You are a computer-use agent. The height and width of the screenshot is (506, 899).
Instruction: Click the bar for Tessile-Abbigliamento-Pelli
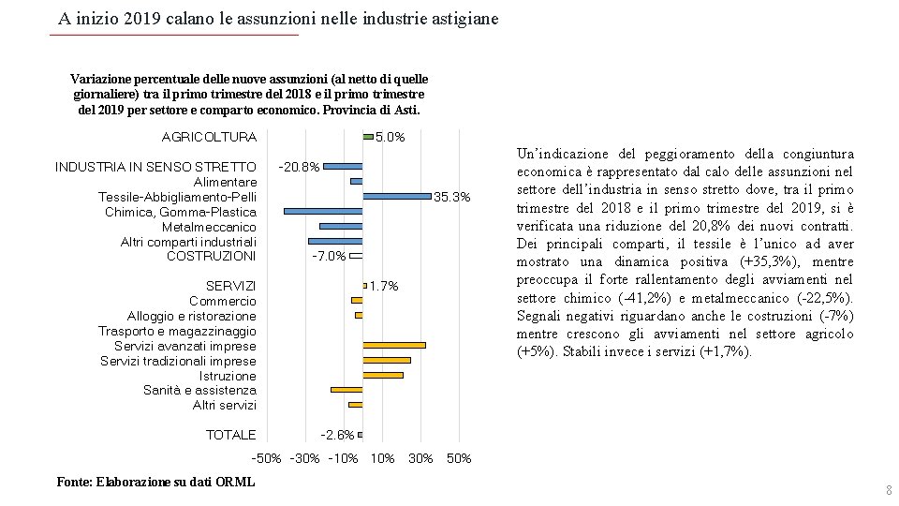(397, 196)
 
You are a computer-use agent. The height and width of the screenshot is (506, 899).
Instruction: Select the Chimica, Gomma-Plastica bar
(323, 211)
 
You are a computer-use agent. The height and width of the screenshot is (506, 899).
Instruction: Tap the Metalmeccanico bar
(341, 226)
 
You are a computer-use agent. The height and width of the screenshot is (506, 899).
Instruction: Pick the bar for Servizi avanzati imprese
(394, 346)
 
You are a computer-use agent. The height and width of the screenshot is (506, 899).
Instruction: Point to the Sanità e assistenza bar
(346, 390)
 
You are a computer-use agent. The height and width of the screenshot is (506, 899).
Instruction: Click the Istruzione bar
(383, 375)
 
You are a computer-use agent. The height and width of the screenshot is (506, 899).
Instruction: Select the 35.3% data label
(452, 197)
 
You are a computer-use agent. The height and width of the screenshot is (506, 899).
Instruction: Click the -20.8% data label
(300, 167)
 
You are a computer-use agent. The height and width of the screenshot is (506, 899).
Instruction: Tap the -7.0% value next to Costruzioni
(329, 256)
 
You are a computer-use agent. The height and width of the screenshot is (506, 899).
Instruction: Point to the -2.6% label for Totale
(337, 435)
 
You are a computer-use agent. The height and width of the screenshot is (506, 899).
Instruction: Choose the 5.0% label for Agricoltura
(390, 137)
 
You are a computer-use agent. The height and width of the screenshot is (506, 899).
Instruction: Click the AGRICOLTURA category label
(209, 137)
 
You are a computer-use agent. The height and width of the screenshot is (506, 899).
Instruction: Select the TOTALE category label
(230, 435)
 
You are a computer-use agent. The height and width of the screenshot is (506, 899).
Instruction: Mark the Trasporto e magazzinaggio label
(177, 331)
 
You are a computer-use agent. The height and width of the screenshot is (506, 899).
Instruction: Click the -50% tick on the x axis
(267, 459)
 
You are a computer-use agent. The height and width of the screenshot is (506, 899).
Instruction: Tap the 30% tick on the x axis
(420, 459)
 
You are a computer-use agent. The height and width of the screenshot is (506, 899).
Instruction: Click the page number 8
(889, 491)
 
